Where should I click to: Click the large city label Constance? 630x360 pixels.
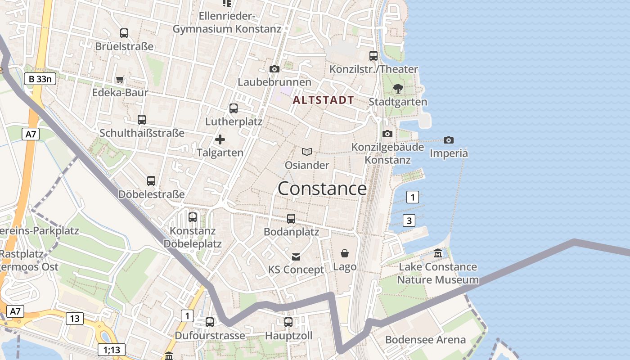pos(322,189)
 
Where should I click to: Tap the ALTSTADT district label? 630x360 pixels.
pos(323,100)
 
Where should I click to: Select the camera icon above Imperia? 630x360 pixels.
pos(448,140)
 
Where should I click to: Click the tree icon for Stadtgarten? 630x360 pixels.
pos(397,88)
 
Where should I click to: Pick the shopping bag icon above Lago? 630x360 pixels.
pos(345,253)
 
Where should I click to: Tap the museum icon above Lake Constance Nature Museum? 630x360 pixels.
pos(438,253)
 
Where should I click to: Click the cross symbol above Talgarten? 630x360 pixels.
pos(220,139)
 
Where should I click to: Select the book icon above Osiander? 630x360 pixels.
pos(307,152)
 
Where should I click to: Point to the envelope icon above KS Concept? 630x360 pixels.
pos(296,256)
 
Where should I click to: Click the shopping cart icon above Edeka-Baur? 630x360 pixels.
pos(120,80)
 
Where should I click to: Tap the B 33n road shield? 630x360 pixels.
pos(40,79)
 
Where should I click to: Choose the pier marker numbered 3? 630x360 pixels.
pos(409,220)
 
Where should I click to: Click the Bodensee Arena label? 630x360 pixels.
pos(425,340)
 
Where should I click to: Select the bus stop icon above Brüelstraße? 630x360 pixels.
pos(124,33)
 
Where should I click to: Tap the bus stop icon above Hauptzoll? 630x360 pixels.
pos(288,322)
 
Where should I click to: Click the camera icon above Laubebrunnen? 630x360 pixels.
pos(274,69)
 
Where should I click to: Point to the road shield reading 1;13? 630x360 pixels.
pos(112,350)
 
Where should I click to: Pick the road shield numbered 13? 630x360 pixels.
pos(75,319)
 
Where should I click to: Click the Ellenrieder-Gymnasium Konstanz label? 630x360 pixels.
pos(227,22)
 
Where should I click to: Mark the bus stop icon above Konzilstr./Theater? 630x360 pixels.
pos(373,56)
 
